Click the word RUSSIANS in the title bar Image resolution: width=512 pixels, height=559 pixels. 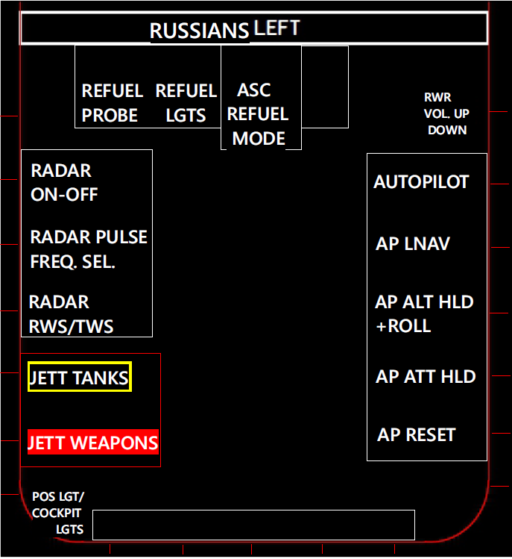(x=199, y=31)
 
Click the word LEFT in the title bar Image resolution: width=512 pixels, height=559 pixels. (x=276, y=28)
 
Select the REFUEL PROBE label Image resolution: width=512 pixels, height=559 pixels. (x=112, y=103)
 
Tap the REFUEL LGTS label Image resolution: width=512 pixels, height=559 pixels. (x=186, y=103)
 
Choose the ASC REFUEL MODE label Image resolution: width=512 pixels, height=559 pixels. (x=258, y=114)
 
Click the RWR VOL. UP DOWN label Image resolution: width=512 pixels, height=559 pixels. (x=446, y=113)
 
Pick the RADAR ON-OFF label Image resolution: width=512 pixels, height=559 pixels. (x=64, y=183)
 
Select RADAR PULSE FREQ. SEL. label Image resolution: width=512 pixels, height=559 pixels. (x=89, y=249)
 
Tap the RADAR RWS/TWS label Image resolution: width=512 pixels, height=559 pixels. (x=71, y=313)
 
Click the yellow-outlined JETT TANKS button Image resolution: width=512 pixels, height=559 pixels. (x=79, y=378)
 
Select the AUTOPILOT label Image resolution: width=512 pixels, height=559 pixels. (x=421, y=182)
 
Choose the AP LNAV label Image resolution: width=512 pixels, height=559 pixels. (x=412, y=244)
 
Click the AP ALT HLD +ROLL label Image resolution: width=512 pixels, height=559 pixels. (x=424, y=313)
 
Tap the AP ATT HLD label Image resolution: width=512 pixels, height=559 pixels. (x=426, y=376)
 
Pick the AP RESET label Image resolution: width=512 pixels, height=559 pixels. (x=416, y=434)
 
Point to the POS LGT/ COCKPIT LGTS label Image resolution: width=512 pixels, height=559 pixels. (x=58, y=513)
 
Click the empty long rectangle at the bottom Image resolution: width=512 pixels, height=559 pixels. (x=253, y=525)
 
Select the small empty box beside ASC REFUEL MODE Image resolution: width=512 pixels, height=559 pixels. (x=324, y=87)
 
